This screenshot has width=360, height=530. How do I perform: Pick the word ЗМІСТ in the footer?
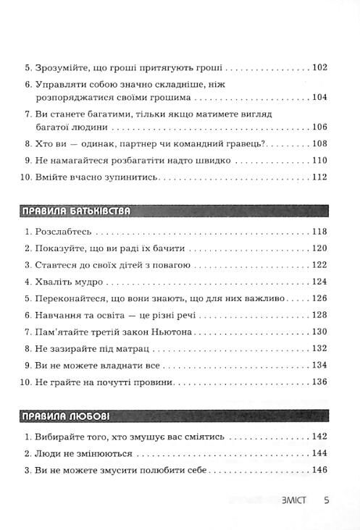pyautogui.click(x=293, y=500)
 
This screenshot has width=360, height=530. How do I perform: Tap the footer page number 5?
pyautogui.click(x=327, y=500)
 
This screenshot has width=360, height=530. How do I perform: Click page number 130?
pyautogui.click(x=319, y=331)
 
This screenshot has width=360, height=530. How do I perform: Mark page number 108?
pyautogui.click(x=319, y=143)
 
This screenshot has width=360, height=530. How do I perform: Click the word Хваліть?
pyautogui.click(x=54, y=282)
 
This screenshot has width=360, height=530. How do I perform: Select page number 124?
pyautogui.click(x=319, y=282)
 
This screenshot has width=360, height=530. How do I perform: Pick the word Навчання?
pyautogui.click(x=58, y=315)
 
